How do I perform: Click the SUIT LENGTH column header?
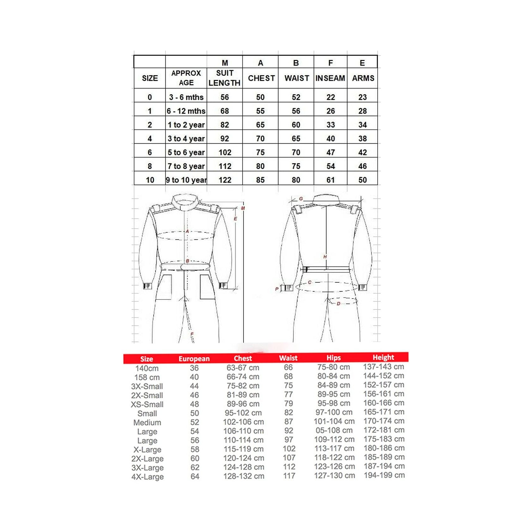click(x=225, y=78)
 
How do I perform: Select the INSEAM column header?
click(x=330, y=78)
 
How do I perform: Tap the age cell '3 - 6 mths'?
click(x=186, y=97)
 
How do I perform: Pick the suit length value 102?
click(x=225, y=152)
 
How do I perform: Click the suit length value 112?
click(x=225, y=166)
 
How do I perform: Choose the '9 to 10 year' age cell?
click(x=186, y=180)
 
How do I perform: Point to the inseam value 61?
click(x=331, y=180)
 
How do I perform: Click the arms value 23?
click(x=362, y=97)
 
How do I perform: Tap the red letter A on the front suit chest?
click(x=187, y=232)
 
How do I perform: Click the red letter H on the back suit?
click(x=325, y=257)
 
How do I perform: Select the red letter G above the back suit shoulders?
click(x=301, y=199)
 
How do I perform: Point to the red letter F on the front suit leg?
click(x=192, y=334)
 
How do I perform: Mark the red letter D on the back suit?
click(x=338, y=304)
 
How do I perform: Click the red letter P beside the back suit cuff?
click(x=277, y=289)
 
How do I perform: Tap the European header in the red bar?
click(x=194, y=359)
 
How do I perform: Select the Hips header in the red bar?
click(x=333, y=358)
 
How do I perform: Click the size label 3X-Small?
click(x=147, y=386)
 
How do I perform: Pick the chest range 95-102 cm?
click(x=243, y=413)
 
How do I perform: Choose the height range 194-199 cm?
click(x=384, y=475)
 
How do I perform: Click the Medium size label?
click(x=147, y=423)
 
